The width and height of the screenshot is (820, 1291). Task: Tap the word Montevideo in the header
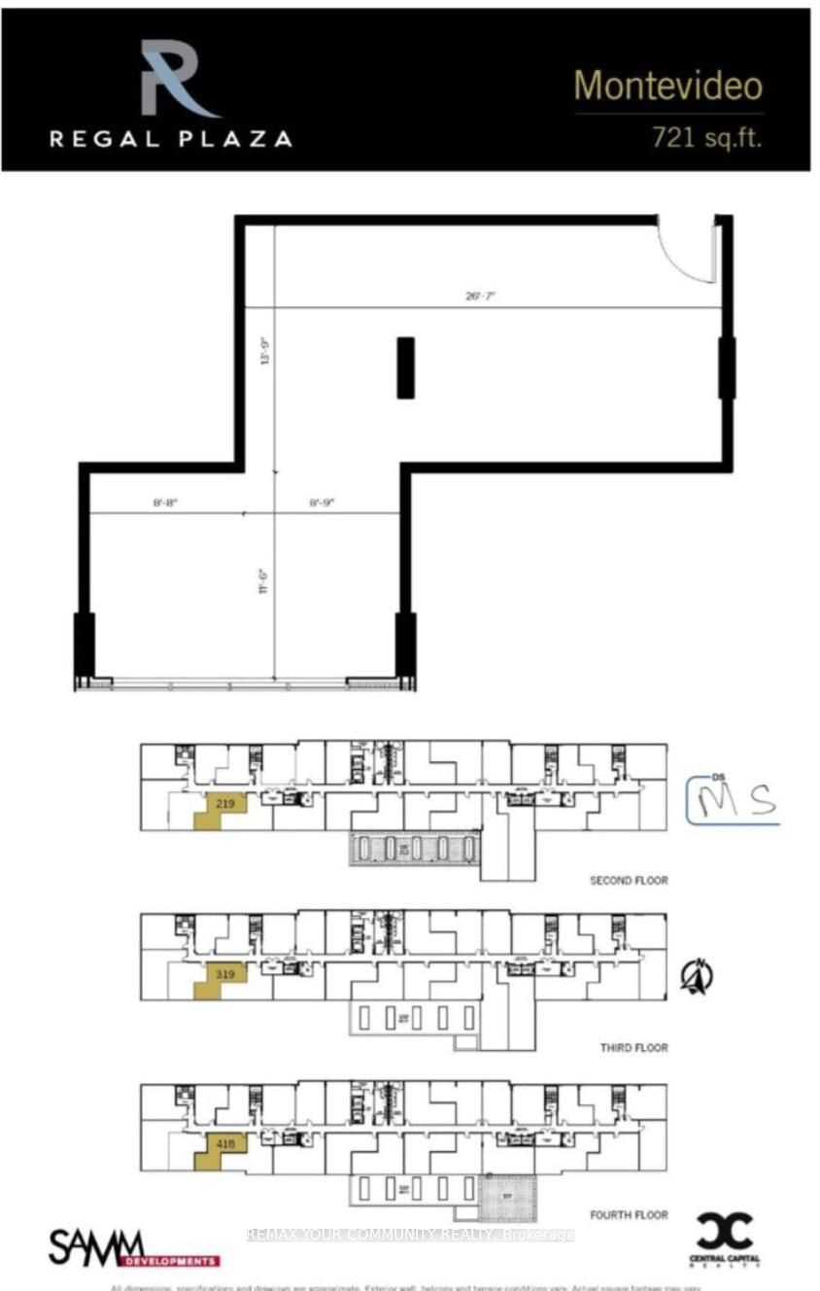point(667,87)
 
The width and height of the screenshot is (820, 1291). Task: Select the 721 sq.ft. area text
point(705,138)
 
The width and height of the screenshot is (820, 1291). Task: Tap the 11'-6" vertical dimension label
point(262,581)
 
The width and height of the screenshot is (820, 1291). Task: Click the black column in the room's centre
point(406,367)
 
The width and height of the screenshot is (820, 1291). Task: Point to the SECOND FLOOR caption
point(628,881)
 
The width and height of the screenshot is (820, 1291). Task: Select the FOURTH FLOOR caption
point(629,1215)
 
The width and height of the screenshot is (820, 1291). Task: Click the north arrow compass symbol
point(697,977)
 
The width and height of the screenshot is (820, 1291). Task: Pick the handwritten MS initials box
point(734,799)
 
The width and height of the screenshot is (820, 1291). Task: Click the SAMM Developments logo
point(133,1247)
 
